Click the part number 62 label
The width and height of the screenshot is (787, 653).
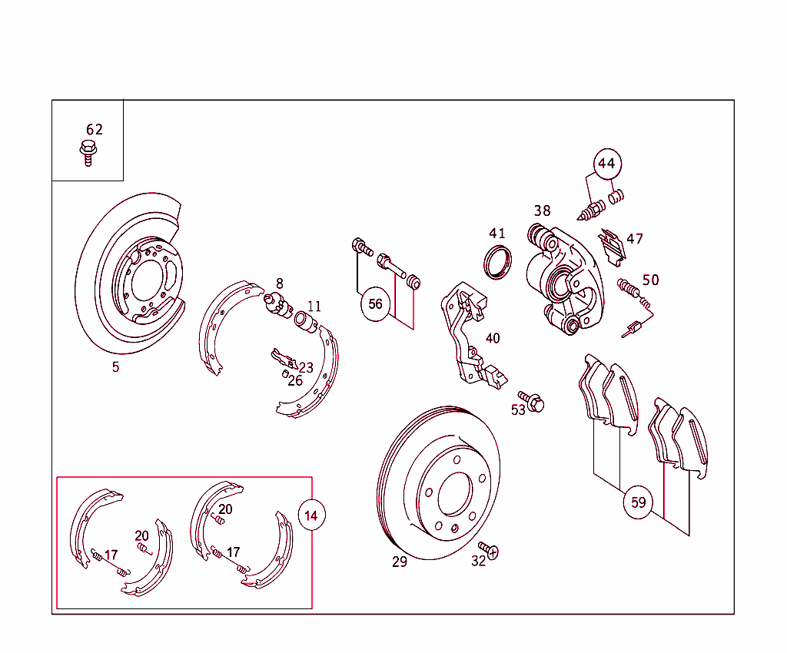pos(94,129)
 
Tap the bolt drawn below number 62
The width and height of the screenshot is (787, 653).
pos(88,152)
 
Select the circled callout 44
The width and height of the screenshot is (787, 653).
pos(606,164)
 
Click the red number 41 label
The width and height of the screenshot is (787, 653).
pos(497,234)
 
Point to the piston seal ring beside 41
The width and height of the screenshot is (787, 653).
pos(497,260)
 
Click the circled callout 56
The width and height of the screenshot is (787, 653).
pos(375,304)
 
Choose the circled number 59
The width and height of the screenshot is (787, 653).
pos(638,503)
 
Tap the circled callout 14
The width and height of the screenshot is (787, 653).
pos(311,515)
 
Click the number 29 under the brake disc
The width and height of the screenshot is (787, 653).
pos(400,562)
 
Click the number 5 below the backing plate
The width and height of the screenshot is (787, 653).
pos(115,367)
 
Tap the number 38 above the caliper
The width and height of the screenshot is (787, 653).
pos(543,210)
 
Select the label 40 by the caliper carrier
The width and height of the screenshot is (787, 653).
pos(493,338)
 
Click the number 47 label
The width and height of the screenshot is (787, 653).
pos(635,239)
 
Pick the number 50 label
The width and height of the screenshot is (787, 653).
pos(651,280)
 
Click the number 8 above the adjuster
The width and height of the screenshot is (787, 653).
pos(280,283)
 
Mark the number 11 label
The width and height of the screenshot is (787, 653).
pos(315,307)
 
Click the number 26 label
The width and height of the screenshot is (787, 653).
pos(295,380)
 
